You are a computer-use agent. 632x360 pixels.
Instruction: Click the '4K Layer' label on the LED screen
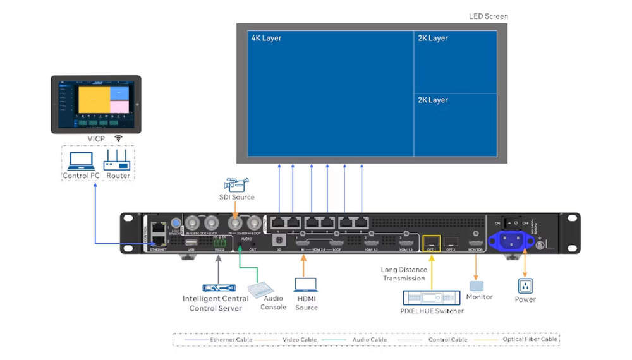(x=266, y=39)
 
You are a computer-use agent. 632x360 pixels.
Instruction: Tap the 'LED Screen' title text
(x=489, y=16)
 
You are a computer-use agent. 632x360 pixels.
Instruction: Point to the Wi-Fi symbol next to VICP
(x=118, y=138)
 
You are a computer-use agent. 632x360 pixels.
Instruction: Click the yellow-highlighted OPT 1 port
(x=432, y=241)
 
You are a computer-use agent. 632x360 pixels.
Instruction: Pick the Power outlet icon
(x=525, y=285)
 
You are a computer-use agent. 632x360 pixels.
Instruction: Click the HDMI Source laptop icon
(x=306, y=285)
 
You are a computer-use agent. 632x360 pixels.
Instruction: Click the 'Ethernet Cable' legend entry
(x=231, y=339)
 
